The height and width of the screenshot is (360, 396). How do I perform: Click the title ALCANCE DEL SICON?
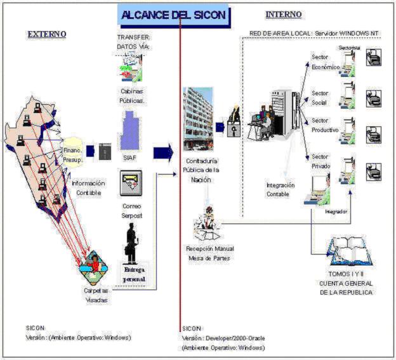tap(173, 15)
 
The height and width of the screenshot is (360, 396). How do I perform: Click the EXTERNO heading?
tap(46, 34)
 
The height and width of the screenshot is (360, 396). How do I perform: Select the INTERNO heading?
tap(283, 15)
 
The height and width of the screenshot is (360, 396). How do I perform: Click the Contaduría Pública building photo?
tap(198, 117)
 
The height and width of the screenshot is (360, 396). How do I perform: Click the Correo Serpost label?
tap(131, 211)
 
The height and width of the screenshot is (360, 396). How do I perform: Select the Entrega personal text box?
tap(134, 274)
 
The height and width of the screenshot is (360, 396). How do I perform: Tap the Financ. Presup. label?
tap(72, 156)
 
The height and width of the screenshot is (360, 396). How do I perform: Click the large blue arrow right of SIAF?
tap(163, 152)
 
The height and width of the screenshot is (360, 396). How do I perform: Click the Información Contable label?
tap(88, 187)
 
